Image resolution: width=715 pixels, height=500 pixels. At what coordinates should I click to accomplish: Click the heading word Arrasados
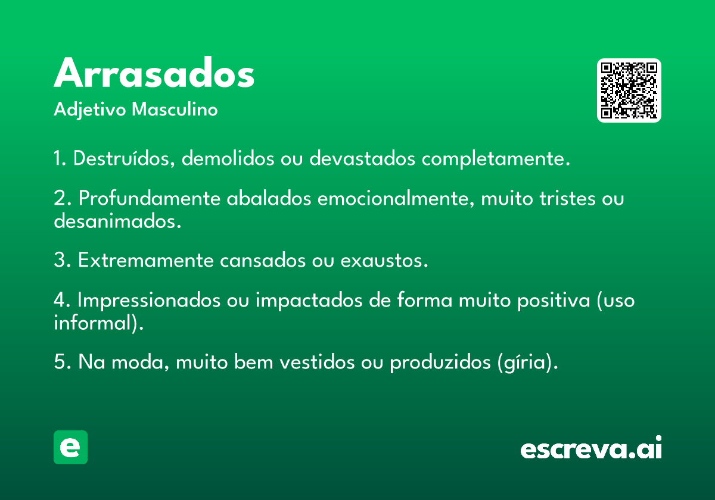[154, 73]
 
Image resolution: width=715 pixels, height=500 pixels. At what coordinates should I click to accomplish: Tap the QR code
[629, 90]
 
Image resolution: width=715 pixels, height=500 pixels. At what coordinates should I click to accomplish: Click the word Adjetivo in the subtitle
[90, 110]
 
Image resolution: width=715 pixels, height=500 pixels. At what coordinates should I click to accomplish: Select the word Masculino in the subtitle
[175, 109]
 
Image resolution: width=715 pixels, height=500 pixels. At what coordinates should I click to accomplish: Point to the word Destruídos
[124, 158]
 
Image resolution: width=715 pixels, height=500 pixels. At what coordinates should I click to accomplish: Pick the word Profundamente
[150, 198]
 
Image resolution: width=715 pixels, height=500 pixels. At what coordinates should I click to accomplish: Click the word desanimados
[117, 221]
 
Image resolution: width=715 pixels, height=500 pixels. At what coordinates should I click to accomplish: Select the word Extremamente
[146, 260]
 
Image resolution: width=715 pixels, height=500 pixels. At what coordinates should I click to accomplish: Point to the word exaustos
[384, 261]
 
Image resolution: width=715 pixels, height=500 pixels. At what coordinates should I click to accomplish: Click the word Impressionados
[149, 301]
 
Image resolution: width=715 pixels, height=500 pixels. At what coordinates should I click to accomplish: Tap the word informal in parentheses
[93, 323]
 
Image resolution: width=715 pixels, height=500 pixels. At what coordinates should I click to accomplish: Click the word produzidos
[440, 362]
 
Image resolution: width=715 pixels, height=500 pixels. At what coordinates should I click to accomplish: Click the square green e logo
[70, 447]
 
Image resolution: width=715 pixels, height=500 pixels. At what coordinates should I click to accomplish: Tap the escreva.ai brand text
[591, 447]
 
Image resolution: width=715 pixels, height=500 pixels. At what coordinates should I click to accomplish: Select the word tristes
[567, 198]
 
